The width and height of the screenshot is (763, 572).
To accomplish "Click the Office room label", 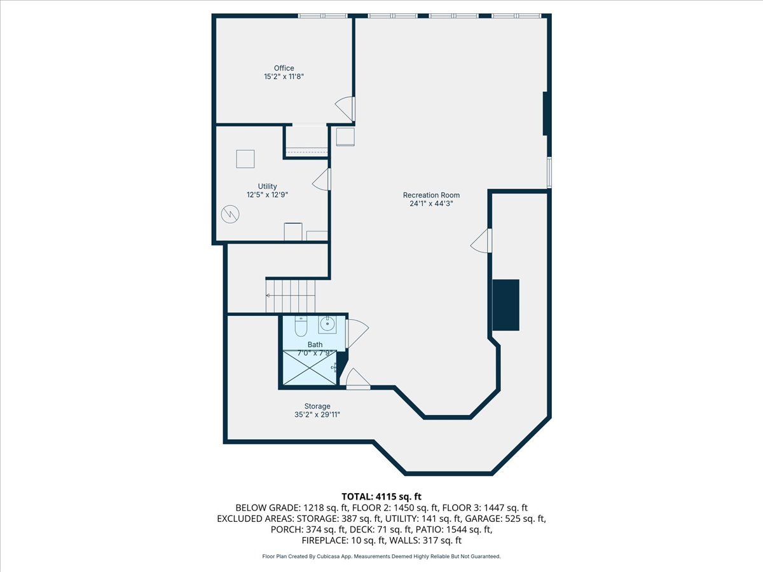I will click(x=284, y=68).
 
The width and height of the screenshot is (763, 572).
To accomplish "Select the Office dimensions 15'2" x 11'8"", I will click(x=284, y=77).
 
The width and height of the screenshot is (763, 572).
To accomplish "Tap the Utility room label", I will click(x=267, y=186).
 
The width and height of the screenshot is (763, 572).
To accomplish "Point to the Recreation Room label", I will click(x=431, y=195).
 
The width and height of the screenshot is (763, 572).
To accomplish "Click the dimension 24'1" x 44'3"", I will click(x=431, y=204).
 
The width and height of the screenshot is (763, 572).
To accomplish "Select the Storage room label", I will click(x=317, y=406).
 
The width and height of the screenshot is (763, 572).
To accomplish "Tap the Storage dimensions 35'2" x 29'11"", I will click(x=317, y=415).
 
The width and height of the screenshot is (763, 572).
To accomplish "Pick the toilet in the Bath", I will click(x=301, y=325).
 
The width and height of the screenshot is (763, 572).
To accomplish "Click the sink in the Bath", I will click(x=327, y=325).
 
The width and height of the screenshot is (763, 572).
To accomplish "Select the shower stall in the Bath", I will click(x=310, y=367).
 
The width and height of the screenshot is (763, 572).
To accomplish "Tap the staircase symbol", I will click(x=291, y=296).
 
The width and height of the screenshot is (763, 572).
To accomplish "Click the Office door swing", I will click(x=345, y=109).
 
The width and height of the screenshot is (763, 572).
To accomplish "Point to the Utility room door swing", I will click(x=322, y=180).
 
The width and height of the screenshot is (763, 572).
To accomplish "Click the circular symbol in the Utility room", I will click(x=229, y=215).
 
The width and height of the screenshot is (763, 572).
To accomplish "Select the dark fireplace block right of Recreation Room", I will click(x=506, y=304).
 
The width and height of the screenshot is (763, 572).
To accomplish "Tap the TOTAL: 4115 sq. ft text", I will click(x=381, y=496).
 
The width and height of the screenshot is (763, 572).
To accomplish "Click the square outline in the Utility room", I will click(x=245, y=158).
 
